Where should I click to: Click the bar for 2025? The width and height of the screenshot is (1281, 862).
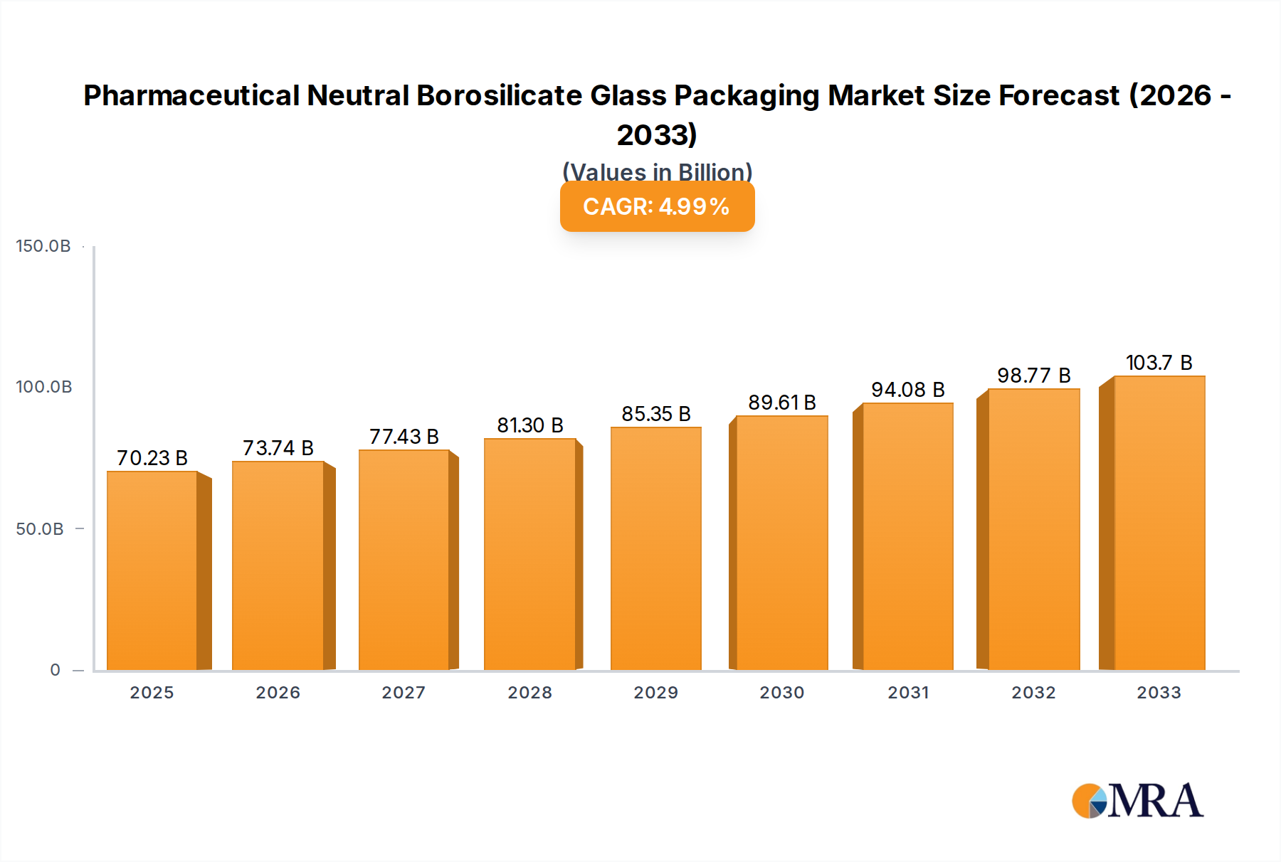point(152,570)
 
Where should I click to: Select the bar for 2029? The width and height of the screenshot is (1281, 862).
point(655,548)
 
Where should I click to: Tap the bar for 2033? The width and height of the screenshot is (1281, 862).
point(1159,523)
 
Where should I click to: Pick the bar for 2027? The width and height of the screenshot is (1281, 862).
point(404,560)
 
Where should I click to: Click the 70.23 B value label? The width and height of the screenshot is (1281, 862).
point(152,458)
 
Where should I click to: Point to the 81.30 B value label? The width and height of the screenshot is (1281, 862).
point(530,425)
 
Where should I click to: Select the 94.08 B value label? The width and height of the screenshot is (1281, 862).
point(908,390)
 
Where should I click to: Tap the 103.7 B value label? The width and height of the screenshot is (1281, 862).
point(1159,363)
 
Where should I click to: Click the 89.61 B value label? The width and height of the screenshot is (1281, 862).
point(782,403)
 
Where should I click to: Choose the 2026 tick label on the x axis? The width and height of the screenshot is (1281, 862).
point(278,693)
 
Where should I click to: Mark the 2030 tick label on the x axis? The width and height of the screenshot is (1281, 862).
point(782,693)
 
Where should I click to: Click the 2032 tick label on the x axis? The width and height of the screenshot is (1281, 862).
point(1034,693)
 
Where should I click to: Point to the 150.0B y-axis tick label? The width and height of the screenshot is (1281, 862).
point(43,246)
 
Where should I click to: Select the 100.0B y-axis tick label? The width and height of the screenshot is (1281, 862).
point(44,387)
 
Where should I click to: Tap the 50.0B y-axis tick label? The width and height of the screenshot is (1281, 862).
point(40,529)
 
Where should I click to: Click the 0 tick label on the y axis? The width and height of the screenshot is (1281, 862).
point(56,670)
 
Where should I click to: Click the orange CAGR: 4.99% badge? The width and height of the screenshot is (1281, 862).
point(657,206)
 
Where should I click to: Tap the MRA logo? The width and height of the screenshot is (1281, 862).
point(1137,802)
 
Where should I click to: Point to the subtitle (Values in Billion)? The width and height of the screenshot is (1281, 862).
point(657,171)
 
